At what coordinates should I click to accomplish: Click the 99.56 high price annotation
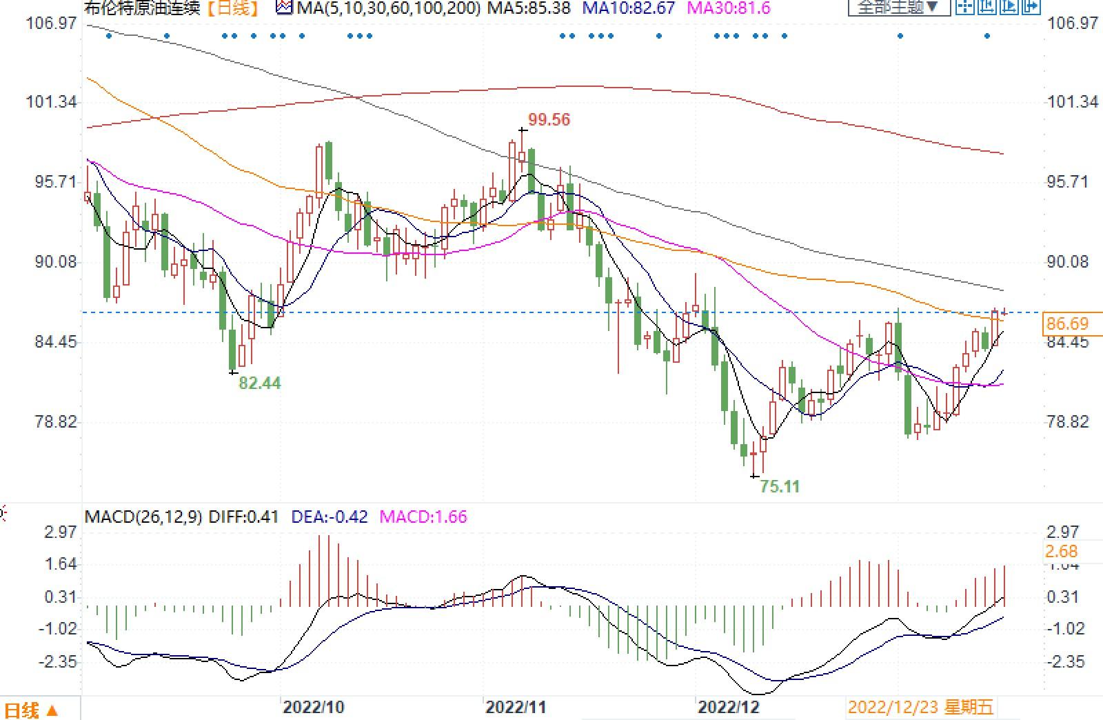pos(549,120)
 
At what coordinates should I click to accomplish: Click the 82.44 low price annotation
pos(259,383)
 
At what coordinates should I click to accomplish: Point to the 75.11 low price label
pos(780,487)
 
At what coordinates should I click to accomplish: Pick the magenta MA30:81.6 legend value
pos(729,8)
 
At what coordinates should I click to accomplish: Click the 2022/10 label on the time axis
pos(314,708)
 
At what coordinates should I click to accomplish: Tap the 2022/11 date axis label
pos(516,708)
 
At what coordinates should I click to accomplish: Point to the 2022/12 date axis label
pos(728,708)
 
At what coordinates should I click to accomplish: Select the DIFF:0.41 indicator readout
pos(243,517)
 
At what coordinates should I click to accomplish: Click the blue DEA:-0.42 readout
pos(330,517)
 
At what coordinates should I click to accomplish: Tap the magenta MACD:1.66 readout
pos(423,517)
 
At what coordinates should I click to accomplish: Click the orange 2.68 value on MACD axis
pos(1061,552)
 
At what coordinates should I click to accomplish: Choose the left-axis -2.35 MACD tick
pos(60,662)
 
